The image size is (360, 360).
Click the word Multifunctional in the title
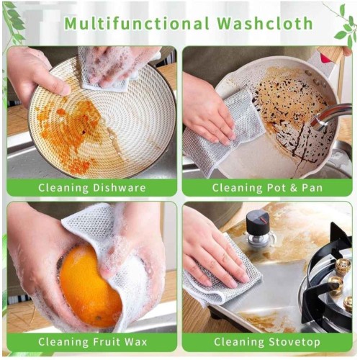[x=137, y=23]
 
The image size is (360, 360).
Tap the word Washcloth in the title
[x=265, y=23]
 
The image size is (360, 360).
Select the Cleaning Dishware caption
[x=92, y=188]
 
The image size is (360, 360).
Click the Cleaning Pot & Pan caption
[x=267, y=188]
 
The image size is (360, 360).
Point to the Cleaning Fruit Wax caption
[x=92, y=342]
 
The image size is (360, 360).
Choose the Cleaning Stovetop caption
[x=267, y=342]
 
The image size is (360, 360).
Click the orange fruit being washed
[x=90, y=286]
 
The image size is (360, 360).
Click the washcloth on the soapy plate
[x=108, y=70]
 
